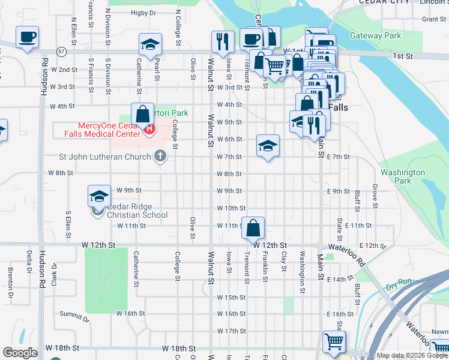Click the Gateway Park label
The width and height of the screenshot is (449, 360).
click(375, 36)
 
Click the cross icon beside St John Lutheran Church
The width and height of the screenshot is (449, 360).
click(160, 157)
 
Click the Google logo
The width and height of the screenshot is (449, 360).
click(20, 353)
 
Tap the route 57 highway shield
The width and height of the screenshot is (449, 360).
click(62, 52)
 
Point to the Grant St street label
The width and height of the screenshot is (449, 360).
click(433, 19)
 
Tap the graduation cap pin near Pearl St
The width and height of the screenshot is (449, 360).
click(150, 44)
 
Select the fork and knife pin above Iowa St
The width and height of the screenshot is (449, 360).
click(223, 41)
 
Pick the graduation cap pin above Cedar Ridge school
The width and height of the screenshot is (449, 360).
click(100, 196)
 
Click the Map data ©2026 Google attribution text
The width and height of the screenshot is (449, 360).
click(412, 355)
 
